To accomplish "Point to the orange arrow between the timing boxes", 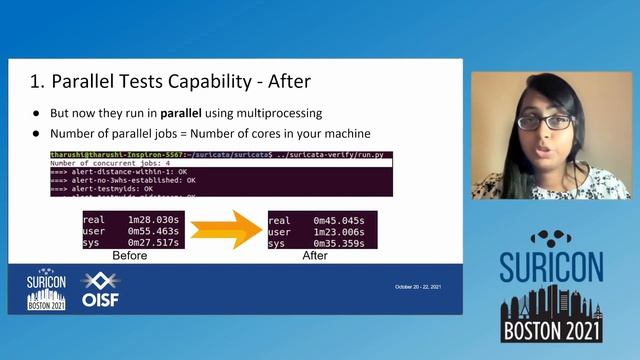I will click(x=223, y=230).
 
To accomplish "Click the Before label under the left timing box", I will click(x=129, y=256).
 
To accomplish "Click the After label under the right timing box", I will click(x=315, y=256).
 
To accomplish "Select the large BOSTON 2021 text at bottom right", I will click(x=551, y=328).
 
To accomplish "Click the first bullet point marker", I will click(x=37, y=113).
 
